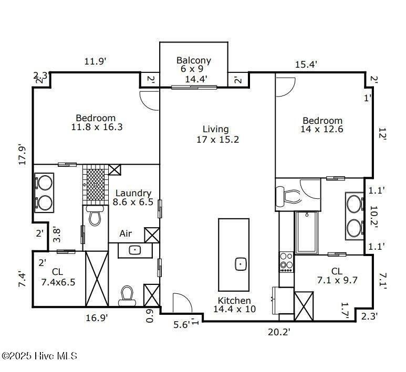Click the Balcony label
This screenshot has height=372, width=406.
193,60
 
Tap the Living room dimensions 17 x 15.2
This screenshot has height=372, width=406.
216,139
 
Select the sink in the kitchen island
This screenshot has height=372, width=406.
241,263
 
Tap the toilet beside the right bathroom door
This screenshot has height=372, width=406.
290,197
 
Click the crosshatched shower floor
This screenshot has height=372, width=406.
95,184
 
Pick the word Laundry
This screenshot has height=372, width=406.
133,193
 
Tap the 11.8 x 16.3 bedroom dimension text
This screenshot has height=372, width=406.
95,127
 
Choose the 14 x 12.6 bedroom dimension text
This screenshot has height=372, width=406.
321,129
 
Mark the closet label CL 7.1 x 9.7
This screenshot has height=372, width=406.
337,276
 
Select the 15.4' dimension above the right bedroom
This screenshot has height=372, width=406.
306,65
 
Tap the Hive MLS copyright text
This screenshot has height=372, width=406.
39,356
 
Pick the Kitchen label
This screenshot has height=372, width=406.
234,301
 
